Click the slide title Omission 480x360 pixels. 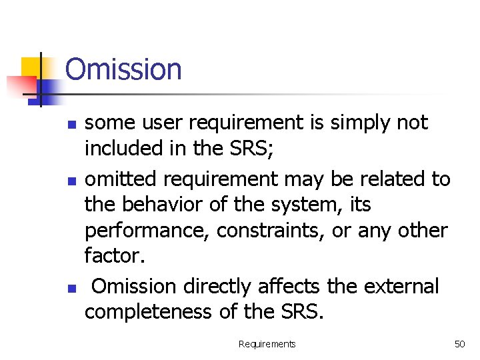[123, 69]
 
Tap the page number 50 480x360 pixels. [459, 344]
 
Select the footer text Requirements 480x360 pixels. [267, 344]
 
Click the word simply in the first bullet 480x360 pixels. [357, 123]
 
